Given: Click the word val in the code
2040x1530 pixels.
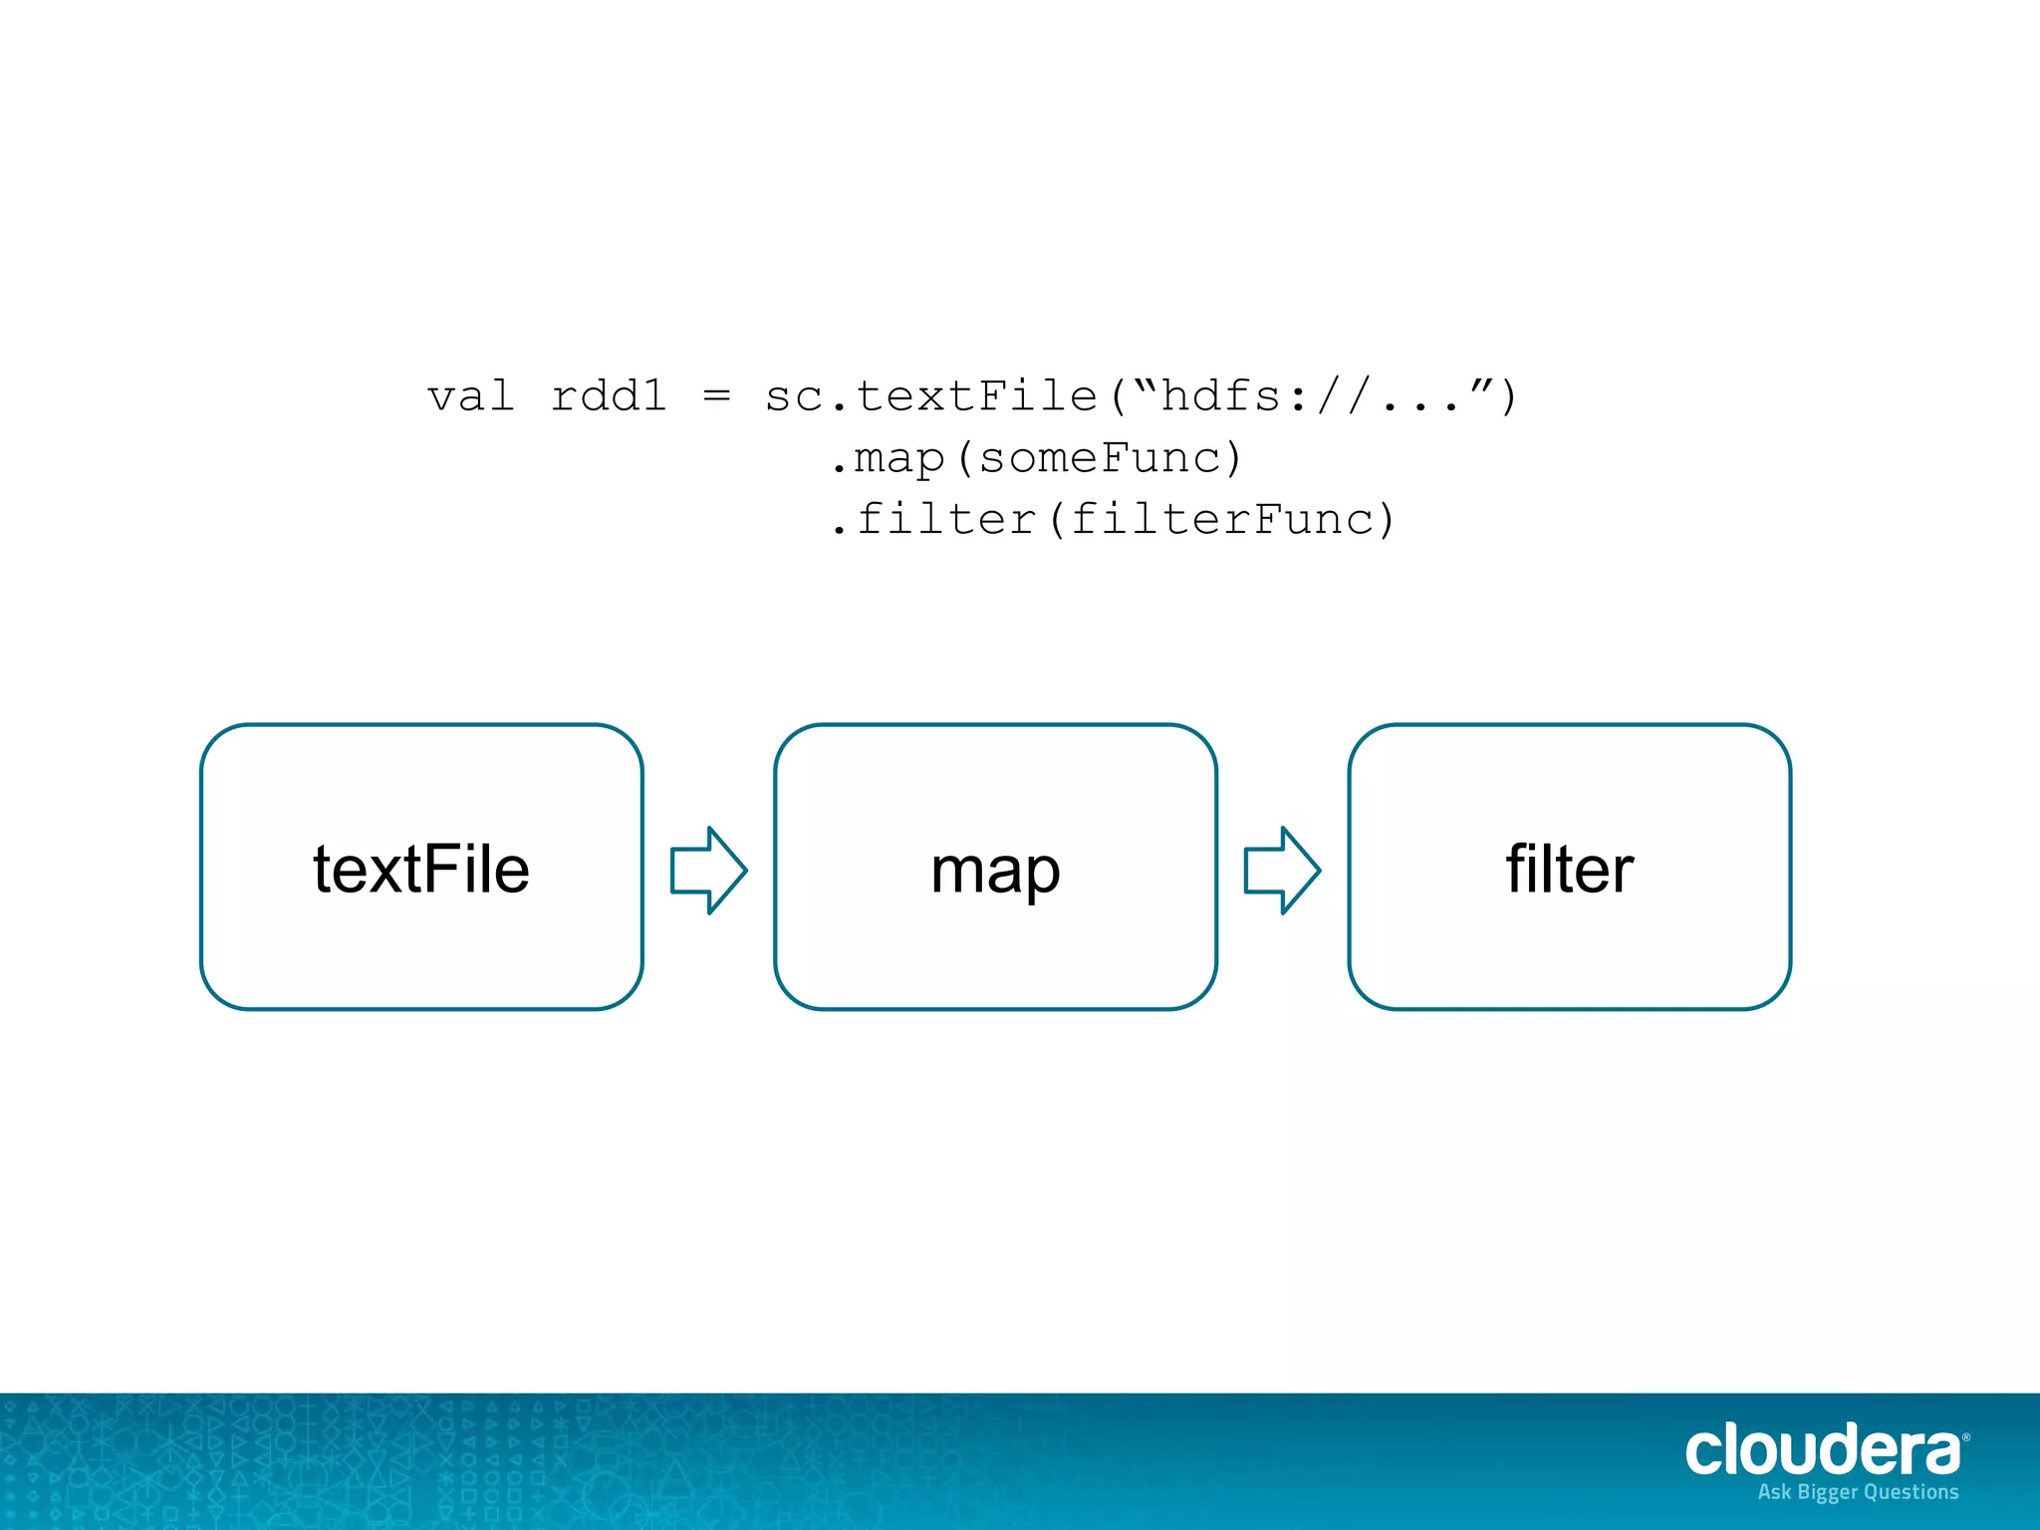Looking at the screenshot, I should (470, 396).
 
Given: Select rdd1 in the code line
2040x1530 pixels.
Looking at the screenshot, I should (609, 396).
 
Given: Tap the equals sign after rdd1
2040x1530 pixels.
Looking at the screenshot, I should (716, 396).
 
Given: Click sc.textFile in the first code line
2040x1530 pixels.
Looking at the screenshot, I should (931, 396).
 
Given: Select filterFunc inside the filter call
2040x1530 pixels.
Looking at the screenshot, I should (1221, 520).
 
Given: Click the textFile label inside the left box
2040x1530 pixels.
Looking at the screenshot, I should (421, 869).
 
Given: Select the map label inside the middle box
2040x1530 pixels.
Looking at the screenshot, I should (995, 871).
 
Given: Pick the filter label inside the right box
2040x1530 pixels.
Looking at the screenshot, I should (1569, 869).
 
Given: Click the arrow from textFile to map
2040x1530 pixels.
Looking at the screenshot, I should (708, 870).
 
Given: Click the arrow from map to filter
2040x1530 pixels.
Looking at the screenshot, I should (1282, 870).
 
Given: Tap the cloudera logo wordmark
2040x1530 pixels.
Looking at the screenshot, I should (1822, 1450).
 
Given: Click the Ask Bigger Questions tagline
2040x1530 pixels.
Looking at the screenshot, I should (1858, 1492).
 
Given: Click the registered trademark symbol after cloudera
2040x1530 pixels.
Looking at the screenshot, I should (1965, 1437).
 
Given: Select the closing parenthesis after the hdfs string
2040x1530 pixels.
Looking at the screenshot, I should (1508, 396).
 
